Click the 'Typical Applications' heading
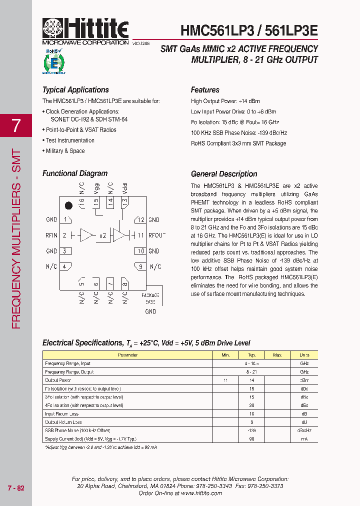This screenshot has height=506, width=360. (75, 90)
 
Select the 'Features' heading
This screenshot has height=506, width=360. (205, 90)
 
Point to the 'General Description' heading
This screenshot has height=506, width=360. (224, 174)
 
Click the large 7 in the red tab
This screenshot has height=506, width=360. (16, 125)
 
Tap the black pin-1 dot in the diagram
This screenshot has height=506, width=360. (68, 205)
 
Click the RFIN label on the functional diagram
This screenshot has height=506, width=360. (51, 235)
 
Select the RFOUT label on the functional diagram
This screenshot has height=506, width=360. (156, 235)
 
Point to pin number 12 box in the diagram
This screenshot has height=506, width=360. (140, 219)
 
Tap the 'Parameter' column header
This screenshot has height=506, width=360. (127, 355)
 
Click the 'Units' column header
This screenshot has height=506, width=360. (304, 355)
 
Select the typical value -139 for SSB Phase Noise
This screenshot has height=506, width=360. (251, 430)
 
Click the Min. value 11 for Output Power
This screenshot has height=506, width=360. (225, 380)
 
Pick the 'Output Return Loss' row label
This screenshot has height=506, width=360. (63, 422)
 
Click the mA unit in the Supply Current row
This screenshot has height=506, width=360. (304, 438)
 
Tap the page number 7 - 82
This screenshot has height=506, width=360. (16, 488)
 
